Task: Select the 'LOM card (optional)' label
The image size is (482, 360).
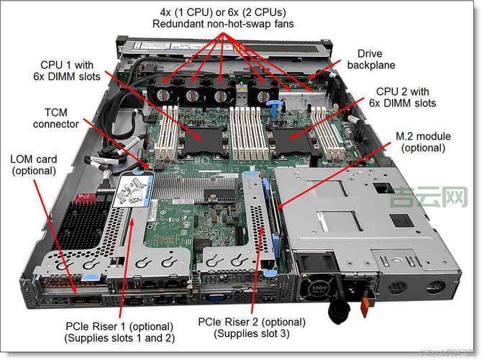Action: (33, 164)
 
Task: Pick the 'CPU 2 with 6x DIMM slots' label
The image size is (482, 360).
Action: (406, 97)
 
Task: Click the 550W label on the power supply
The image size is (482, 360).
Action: (319, 287)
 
